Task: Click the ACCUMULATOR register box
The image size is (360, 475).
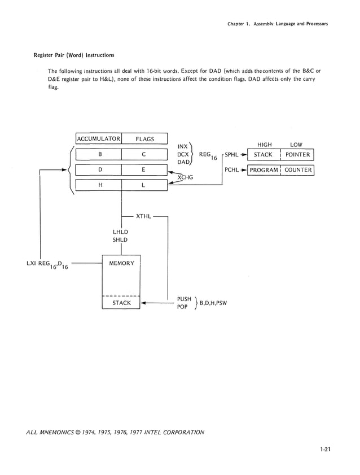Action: click(x=99, y=139)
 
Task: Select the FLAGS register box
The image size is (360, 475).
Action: click(x=144, y=139)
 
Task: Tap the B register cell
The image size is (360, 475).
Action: click(x=99, y=154)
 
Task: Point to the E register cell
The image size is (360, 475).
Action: click(x=144, y=169)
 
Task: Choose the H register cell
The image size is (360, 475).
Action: click(x=99, y=185)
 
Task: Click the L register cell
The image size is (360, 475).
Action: click(x=144, y=185)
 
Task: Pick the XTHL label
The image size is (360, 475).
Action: click(x=143, y=216)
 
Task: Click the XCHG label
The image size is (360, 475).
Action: click(x=185, y=177)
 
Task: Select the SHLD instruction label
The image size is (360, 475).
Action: click(x=120, y=239)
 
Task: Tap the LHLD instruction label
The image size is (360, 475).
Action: click(x=120, y=232)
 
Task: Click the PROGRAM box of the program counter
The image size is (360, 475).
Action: click(x=264, y=170)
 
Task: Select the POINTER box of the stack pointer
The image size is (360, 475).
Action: click(x=297, y=155)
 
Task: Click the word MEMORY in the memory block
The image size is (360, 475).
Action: click(x=121, y=264)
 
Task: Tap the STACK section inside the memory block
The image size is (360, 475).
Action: click(x=121, y=303)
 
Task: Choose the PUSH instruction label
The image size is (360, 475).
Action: click(x=184, y=299)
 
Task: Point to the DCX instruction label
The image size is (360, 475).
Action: click(x=183, y=154)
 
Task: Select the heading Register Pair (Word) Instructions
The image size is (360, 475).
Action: click(x=74, y=55)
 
